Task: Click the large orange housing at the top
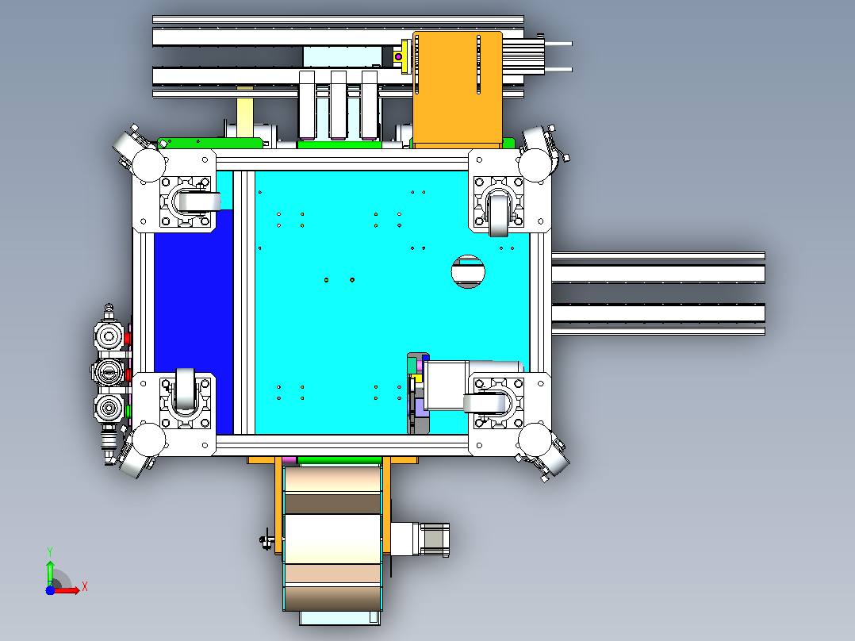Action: [457, 89]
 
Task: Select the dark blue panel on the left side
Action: [194, 322]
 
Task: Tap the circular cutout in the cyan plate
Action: [468, 271]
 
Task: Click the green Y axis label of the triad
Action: [50, 551]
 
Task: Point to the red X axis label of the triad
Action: [85, 587]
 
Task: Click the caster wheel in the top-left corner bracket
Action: [200, 202]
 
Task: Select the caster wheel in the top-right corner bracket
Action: [498, 215]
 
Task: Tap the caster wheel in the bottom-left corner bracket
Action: [186, 389]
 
